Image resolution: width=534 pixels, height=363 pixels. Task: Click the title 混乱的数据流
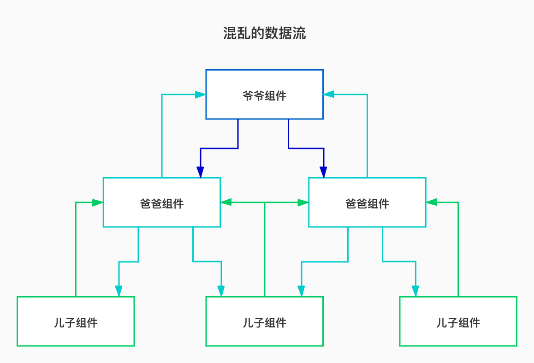[x=264, y=34]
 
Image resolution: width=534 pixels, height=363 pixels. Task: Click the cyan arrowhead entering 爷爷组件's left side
[x=200, y=95]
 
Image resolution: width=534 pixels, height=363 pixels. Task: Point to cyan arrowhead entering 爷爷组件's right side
[x=329, y=95]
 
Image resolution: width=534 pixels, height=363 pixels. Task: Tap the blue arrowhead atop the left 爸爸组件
[x=201, y=172]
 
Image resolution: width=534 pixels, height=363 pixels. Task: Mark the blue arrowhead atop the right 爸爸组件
[x=324, y=172]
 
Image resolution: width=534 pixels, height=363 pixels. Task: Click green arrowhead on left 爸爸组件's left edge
[x=97, y=202]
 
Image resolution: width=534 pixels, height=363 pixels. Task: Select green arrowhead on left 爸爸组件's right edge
[x=226, y=202]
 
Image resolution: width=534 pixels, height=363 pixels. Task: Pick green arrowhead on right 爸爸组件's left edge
[x=303, y=202]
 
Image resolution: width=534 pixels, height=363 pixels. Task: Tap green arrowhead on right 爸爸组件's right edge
[x=431, y=202]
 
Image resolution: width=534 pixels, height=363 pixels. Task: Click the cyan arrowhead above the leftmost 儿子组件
[x=119, y=291]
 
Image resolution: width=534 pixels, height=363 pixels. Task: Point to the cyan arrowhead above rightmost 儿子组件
[x=415, y=291]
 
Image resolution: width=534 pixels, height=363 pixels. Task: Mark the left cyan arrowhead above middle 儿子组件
[x=221, y=291]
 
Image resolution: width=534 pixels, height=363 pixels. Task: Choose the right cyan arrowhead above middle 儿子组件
[x=302, y=291]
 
